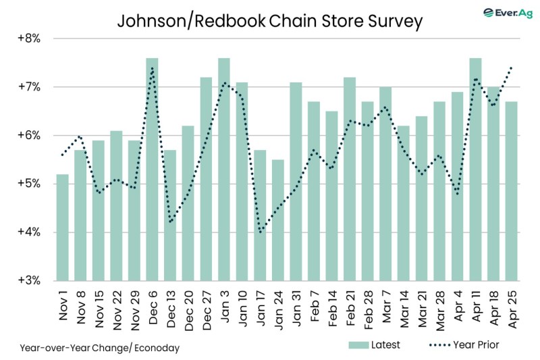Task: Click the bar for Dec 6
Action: (x=153, y=170)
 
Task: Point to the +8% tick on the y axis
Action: (x=29, y=38)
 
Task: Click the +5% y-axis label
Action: (x=29, y=184)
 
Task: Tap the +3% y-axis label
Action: (x=29, y=281)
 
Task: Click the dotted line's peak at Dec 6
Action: (x=153, y=68)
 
